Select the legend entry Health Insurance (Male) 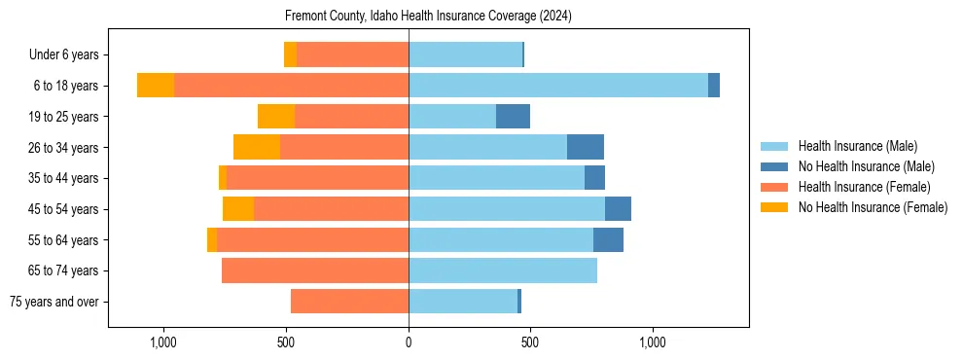point(857,146)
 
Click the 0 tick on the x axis point(409,342)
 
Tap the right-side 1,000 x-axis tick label point(652,342)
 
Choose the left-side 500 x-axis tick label point(286,342)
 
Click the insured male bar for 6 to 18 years point(557,86)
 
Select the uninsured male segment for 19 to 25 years point(513,117)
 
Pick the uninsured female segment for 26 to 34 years point(257,147)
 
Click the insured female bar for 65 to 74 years point(315,270)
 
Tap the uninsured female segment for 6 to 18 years point(156,86)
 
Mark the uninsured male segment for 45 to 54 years point(618,209)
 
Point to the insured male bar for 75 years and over point(463,302)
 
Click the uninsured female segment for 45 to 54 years point(238,209)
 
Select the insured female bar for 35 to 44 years point(317,178)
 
